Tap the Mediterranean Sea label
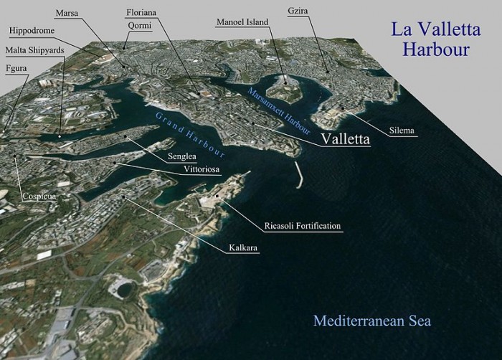click(376, 319)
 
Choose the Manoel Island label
click(242, 23)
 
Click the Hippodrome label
click(35, 31)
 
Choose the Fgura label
click(16, 68)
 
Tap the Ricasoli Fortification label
click(302, 227)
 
